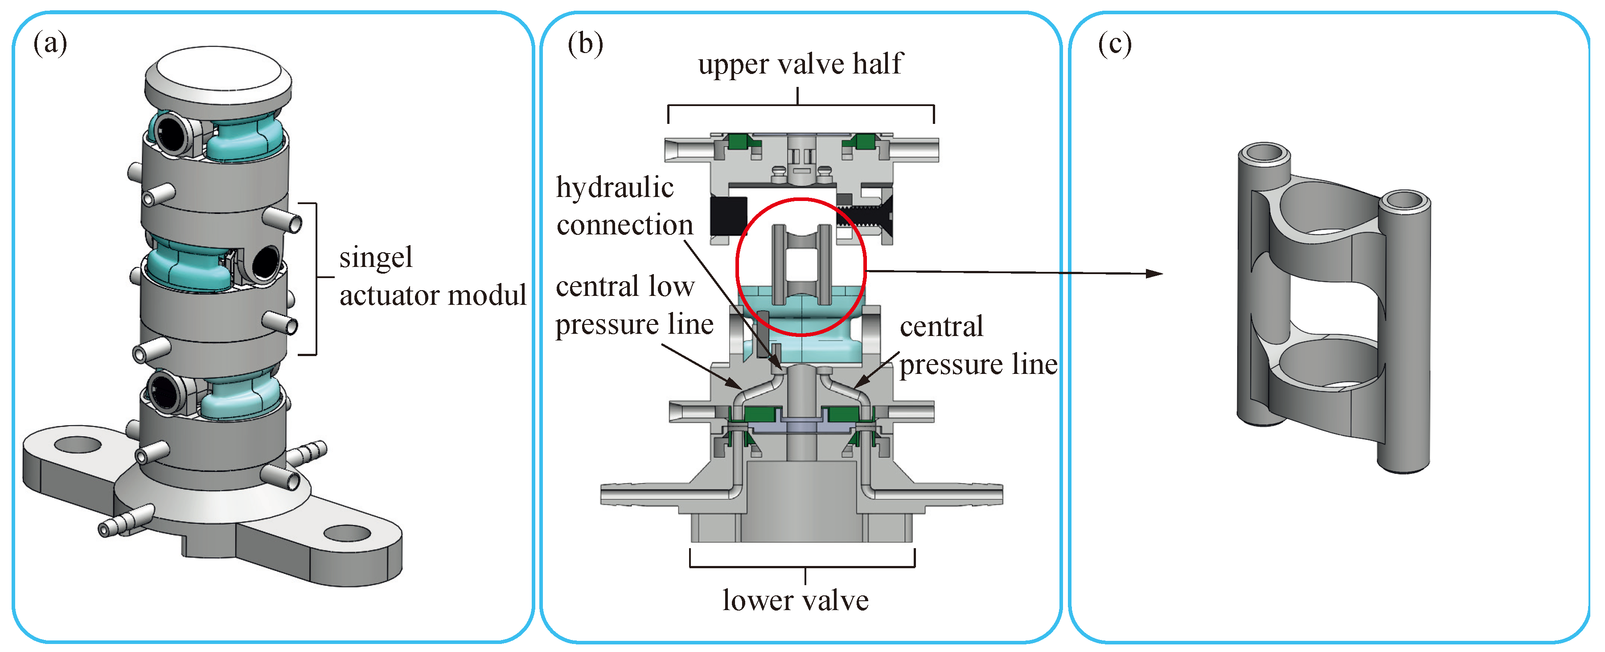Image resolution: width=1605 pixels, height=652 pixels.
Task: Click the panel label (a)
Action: point(50,44)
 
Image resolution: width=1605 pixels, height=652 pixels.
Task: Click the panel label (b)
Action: point(585,44)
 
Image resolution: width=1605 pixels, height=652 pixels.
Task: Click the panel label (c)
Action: point(1115,44)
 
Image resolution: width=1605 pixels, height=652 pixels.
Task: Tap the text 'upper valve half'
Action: point(800,64)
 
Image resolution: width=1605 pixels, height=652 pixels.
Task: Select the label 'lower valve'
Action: point(795,600)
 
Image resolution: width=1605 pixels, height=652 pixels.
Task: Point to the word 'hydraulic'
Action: point(615,187)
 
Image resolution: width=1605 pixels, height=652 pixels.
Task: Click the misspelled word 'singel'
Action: point(376,257)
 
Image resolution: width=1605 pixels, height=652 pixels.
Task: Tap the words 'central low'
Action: point(625,287)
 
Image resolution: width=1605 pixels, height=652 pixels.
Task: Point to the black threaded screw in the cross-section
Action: point(866,217)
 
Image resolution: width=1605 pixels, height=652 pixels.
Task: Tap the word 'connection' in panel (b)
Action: point(625,225)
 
